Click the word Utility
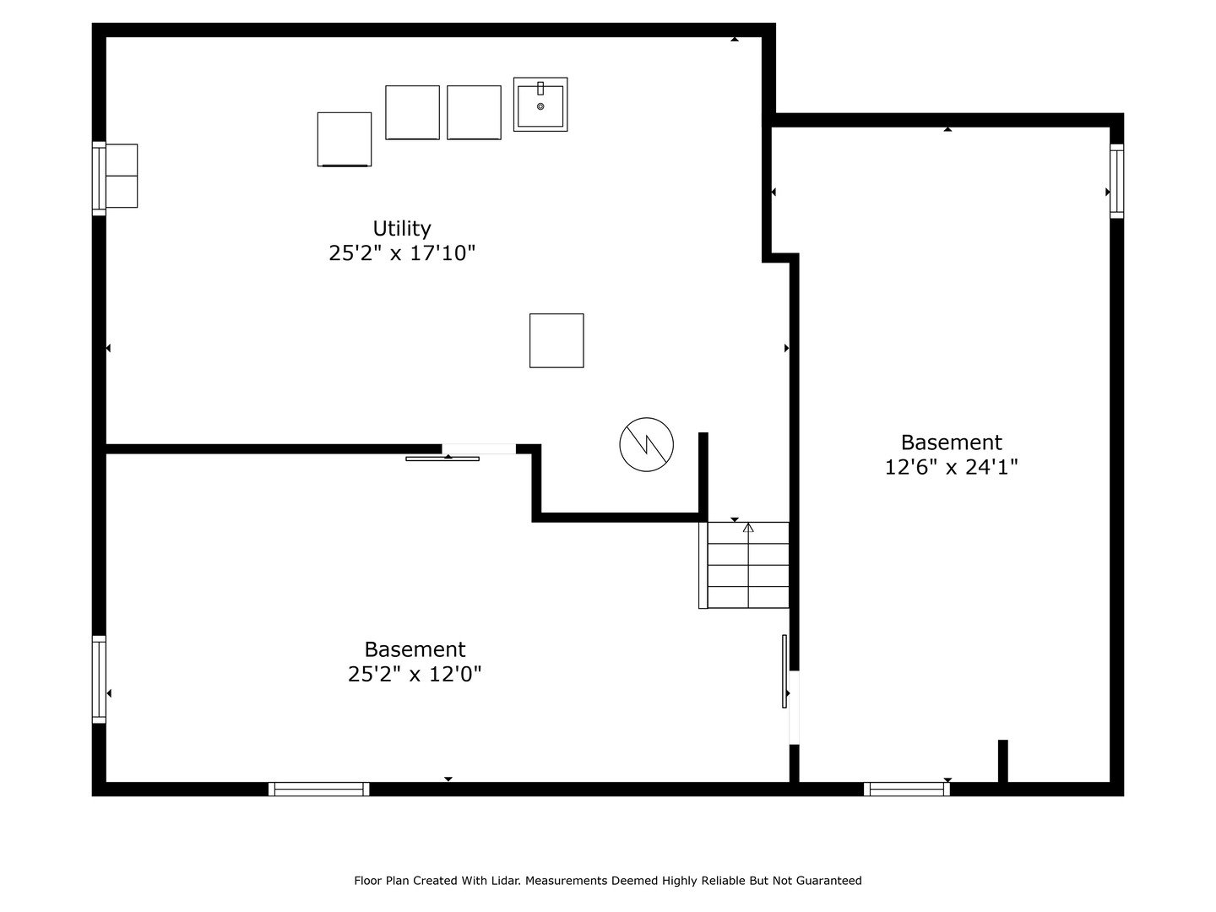(402, 228)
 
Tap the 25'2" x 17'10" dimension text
(402, 253)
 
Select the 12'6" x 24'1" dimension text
(951, 467)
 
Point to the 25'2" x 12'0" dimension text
(415, 674)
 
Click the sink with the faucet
(540, 104)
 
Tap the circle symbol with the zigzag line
(647, 445)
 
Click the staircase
(743, 565)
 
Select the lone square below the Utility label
(556, 340)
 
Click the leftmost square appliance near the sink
(344, 139)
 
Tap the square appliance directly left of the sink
(474, 112)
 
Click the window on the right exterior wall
(1117, 181)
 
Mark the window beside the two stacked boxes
(99, 178)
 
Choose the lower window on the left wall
(99, 680)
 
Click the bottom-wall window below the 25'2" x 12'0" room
(318, 789)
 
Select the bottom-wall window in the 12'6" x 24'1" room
(906, 789)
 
